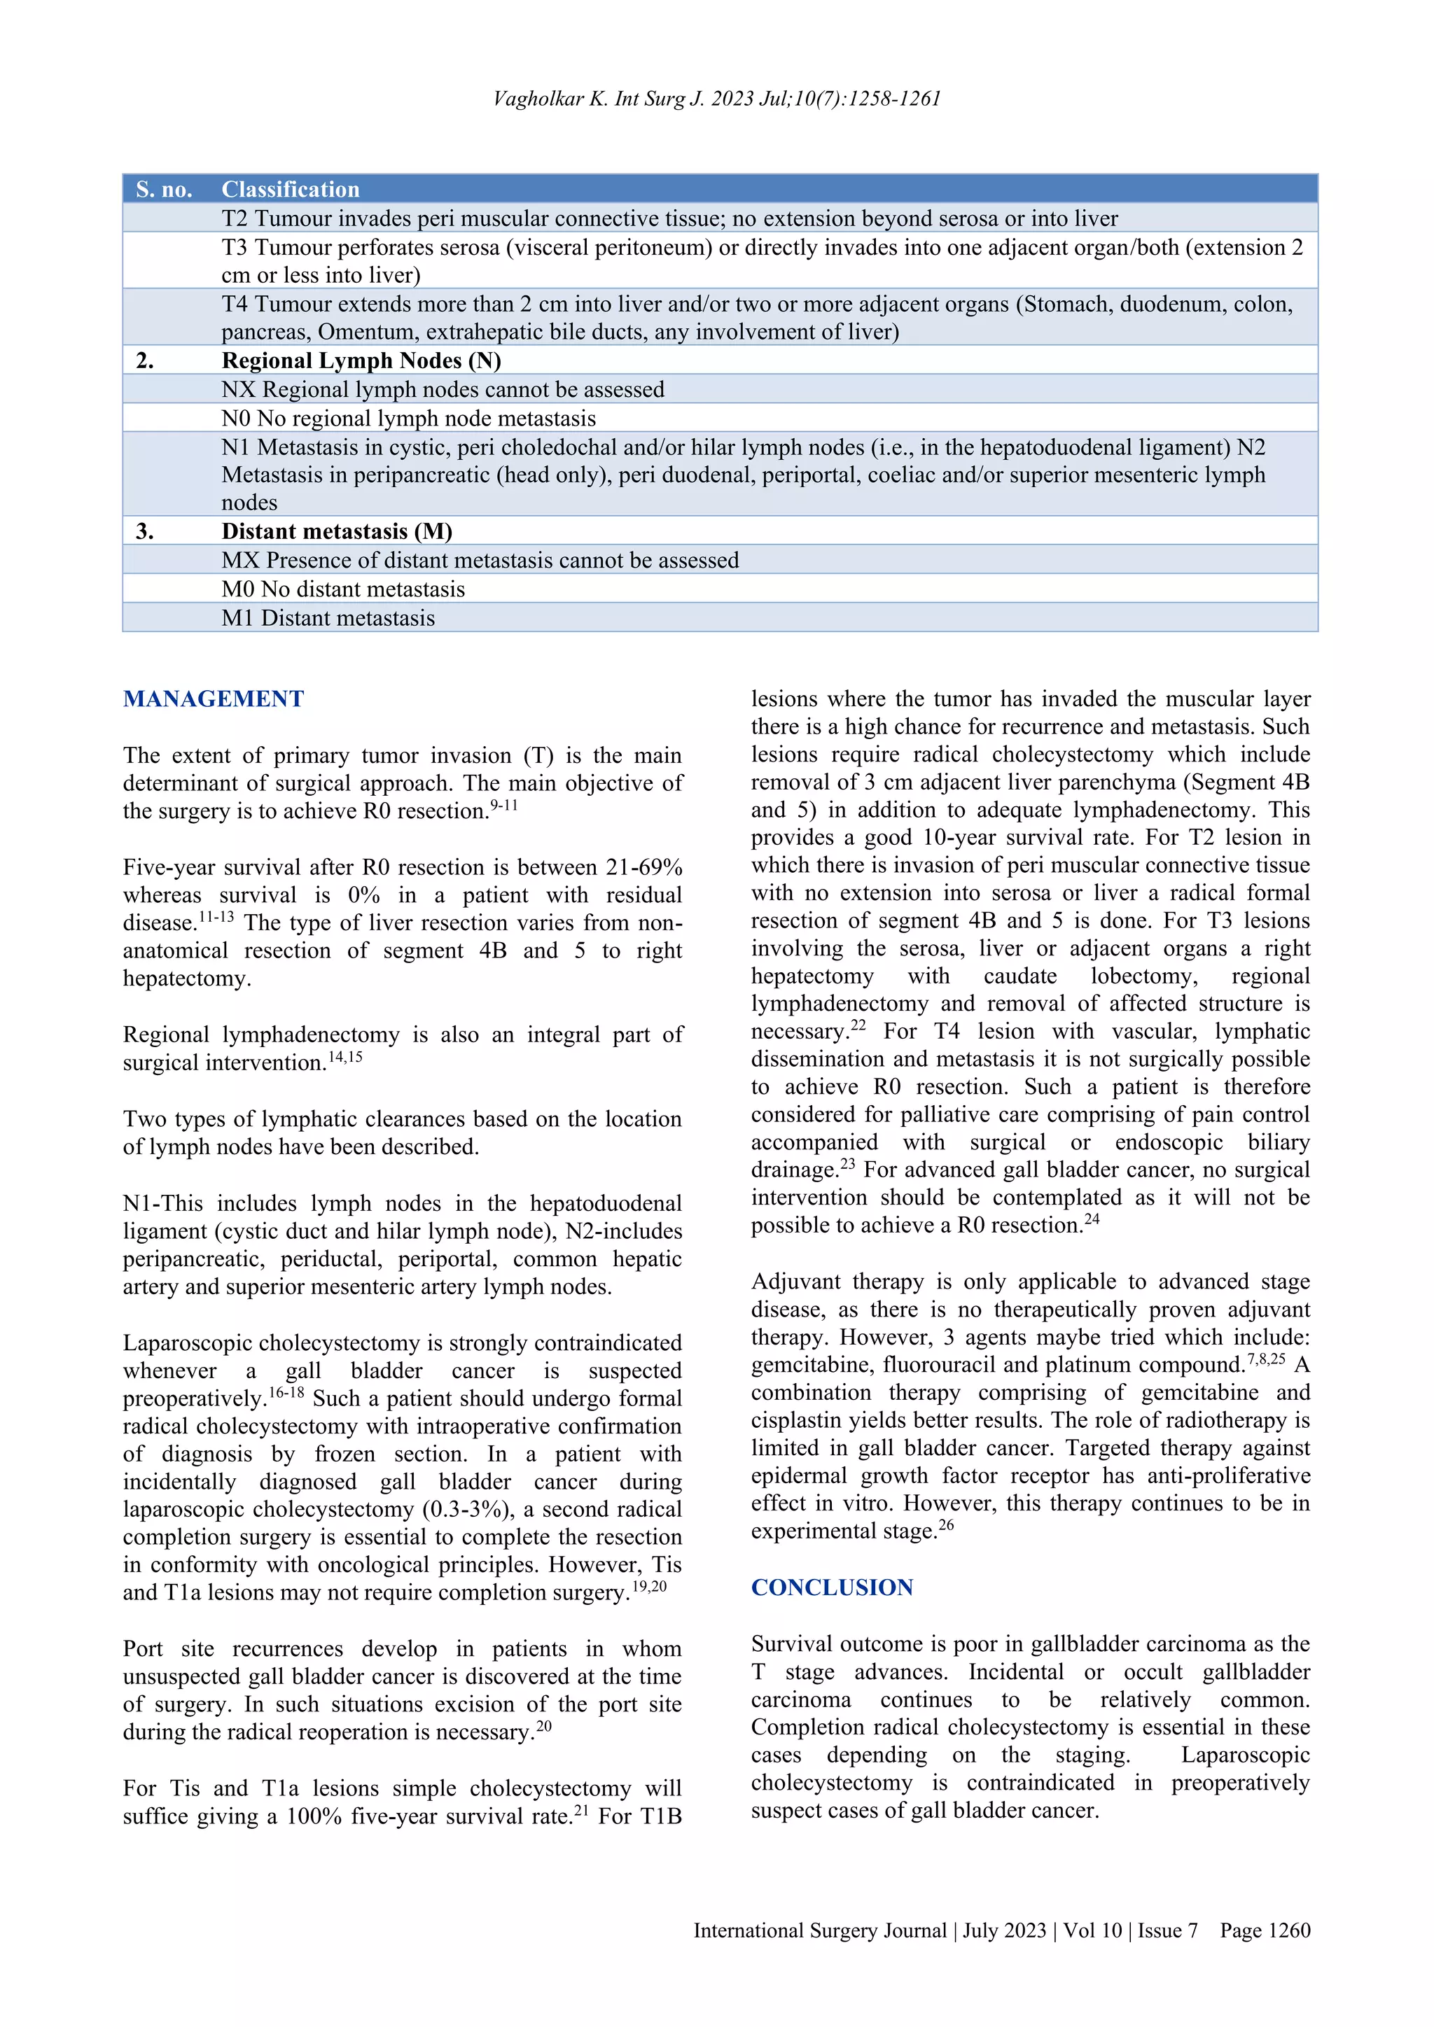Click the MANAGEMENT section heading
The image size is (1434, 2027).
pos(213,699)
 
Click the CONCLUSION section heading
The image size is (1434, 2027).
pos(832,1587)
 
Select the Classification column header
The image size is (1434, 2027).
pos(291,189)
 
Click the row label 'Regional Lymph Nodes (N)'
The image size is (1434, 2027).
pos(361,360)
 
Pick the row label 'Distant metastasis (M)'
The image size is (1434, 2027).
pos(336,531)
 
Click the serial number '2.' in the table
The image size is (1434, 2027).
pos(145,360)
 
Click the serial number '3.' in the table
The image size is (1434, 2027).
pos(145,531)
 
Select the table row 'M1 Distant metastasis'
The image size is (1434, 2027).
pos(328,618)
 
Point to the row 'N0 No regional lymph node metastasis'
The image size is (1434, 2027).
pos(408,419)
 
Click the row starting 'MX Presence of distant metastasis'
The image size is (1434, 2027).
pos(480,561)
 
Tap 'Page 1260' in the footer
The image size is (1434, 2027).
pos(1265,1931)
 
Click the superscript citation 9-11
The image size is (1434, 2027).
pos(503,805)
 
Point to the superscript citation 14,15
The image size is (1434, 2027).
pos(345,1057)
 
